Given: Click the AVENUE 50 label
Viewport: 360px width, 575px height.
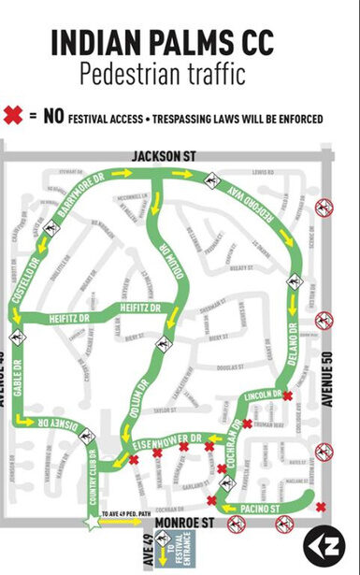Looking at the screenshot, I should click(326, 374).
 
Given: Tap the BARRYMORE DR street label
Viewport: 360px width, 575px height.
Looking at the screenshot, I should click(81, 198).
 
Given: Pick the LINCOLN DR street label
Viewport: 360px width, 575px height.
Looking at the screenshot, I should click(261, 396).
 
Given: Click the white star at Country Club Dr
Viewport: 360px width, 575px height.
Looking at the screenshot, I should click(92, 524).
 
